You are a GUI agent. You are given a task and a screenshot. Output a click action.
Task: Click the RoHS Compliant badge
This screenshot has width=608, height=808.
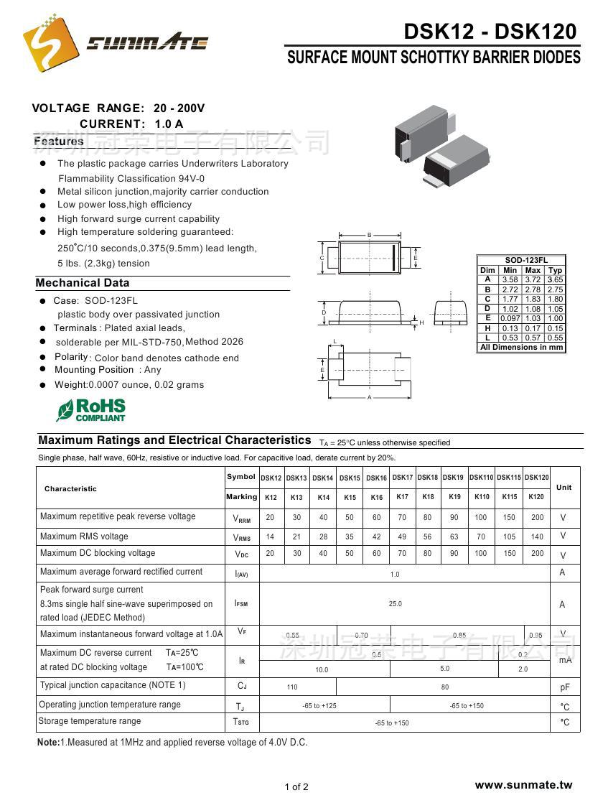pyautogui.click(x=91, y=409)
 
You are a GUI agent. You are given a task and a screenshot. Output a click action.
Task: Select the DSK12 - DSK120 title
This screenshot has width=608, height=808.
pyautogui.click(x=490, y=31)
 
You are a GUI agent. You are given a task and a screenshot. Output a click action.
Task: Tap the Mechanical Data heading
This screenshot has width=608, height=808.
pyautogui.click(x=83, y=283)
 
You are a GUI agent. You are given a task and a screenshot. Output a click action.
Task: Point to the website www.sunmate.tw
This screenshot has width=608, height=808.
pyautogui.click(x=523, y=785)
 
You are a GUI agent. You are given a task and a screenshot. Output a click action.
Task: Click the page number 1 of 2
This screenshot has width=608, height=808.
pyautogui.click(x=296, y=786)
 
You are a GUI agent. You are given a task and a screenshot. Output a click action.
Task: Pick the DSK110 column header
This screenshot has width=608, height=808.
pyautogui.click(x=481, y=478)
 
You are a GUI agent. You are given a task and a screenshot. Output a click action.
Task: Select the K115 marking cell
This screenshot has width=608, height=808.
pyautogui.click(x=510, y=497)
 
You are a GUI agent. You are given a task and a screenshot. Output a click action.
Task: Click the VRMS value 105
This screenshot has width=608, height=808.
pyautogui.click(x=510, y=537)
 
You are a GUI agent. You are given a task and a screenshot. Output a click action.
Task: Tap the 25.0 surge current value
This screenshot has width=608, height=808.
pyautogui.click(x=396, y=604)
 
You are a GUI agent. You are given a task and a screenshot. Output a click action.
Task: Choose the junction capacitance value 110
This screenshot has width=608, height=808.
pyautogui.click(x=292, y=687)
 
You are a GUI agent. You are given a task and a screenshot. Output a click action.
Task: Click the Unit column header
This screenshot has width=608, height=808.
pyautogui.click(x=564, y=488)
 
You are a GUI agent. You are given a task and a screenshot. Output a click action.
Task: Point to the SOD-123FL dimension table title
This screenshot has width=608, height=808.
pyautogui.click(x=521, y=261)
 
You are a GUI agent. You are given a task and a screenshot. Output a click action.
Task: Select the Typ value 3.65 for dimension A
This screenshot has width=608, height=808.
pyautogui.click(x=555, y=280)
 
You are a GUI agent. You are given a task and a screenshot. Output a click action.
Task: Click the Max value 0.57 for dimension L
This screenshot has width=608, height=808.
pyautogui.click(x=533, y=338)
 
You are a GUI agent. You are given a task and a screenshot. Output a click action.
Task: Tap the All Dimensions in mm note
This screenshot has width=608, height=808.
pyautogui.click(x=521, y=348)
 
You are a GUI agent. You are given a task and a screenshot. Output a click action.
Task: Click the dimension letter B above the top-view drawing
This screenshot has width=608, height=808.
pyautogui.click(x=369, y=236)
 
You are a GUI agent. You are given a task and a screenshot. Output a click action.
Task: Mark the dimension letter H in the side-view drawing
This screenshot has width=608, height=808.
pyautogui.click(x=422, y=323)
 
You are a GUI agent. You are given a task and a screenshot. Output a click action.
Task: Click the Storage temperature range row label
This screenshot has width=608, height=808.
pyautogui.click(x=90, y=721)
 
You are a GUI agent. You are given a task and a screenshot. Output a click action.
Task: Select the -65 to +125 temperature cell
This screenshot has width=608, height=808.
pyautogui.click(x=320, y=706)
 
